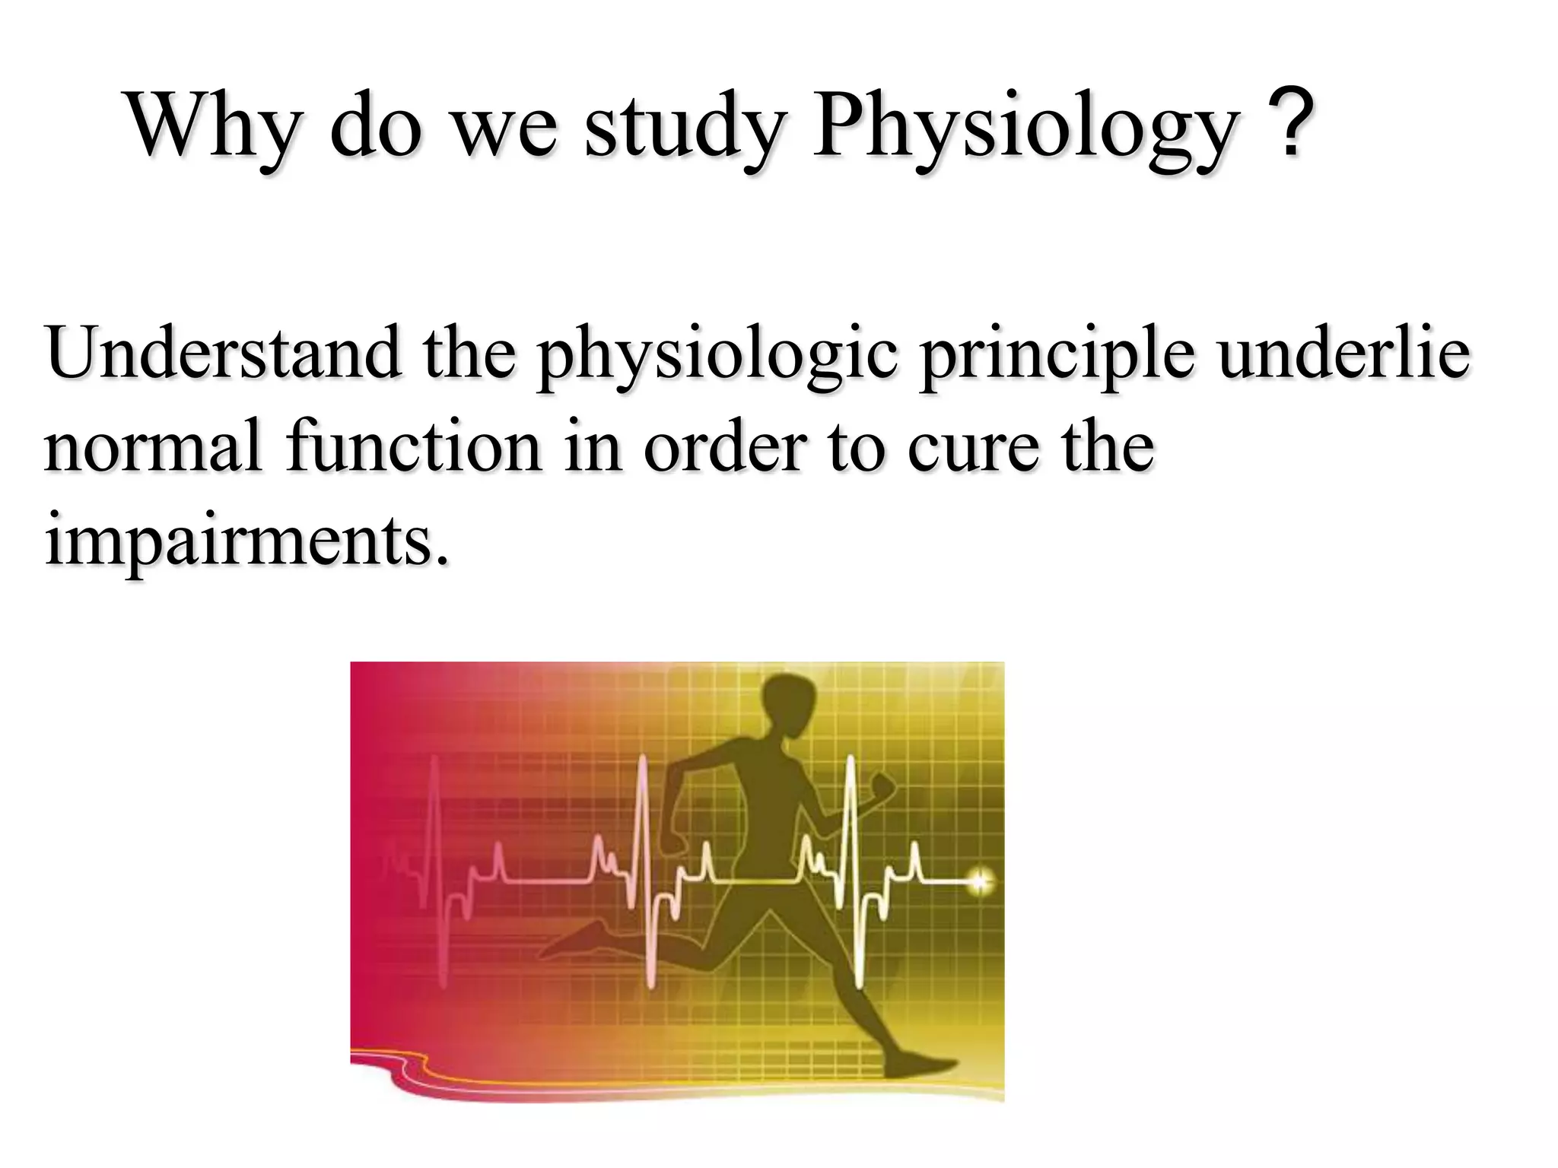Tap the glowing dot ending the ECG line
[x=980, y=882]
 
